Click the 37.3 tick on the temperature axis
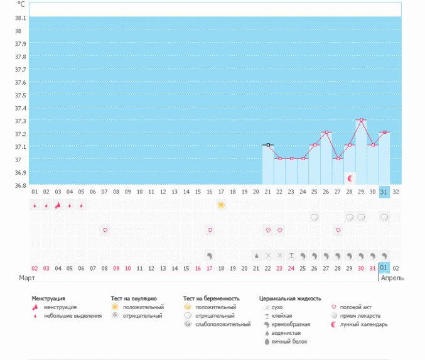coord(21,121)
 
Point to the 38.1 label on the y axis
coord(21,18)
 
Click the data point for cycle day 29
coord(361,120)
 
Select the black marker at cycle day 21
coord(268,145)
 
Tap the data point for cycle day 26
coord(326,133)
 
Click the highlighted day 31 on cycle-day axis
coord(384,192)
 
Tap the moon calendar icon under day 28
coord(350,179)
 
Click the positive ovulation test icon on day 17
coord(221,205)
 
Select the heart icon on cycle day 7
coord(105,231)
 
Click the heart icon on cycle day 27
coord(338,231)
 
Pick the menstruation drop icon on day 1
coord(35,205)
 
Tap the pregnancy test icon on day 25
coord(315,217)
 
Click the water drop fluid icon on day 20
coord(256,256)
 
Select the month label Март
coord(27,278)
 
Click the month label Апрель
coord(392,278)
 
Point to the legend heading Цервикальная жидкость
coord(289,298)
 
